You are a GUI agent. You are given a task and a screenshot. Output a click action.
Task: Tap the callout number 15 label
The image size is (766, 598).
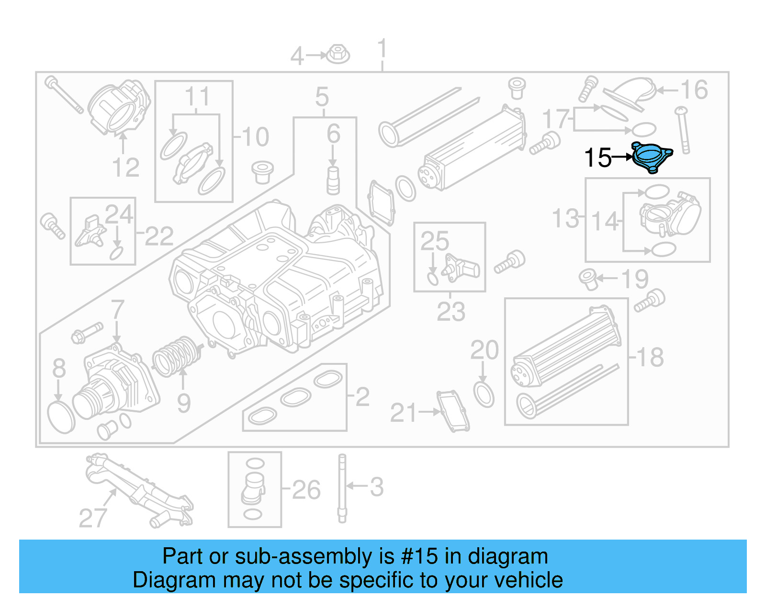pos(598,158)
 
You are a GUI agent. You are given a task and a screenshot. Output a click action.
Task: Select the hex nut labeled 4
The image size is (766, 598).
pos(338,54)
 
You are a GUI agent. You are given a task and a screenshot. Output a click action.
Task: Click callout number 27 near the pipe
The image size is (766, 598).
pos(92,518)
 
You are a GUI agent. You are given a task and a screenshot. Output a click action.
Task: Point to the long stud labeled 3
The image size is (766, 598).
pos(342,488)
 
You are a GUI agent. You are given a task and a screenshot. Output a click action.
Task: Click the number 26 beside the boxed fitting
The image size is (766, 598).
pos(306,490)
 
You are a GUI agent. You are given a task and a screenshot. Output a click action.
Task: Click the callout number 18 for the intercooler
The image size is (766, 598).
pos(650,357)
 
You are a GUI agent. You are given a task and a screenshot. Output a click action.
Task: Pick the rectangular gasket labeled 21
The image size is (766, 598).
pos(452,411)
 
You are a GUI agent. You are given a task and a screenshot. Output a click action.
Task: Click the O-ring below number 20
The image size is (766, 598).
pos(484,394)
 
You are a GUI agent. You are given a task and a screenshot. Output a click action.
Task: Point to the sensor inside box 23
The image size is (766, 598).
pos(460,268)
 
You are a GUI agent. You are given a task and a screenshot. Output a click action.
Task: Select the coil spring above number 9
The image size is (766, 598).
pos(176,357)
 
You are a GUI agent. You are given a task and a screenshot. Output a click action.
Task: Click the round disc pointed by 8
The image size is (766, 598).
pos(61,417)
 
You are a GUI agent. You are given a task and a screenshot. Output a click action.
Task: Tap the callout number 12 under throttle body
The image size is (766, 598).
pos(125,168)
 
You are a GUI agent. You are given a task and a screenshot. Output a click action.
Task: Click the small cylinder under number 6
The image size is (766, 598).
pos(333,181)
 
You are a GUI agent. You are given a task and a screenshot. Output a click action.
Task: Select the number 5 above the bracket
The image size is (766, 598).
pos(322,97)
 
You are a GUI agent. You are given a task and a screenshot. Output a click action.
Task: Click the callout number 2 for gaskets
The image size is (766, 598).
pos(362,396)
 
